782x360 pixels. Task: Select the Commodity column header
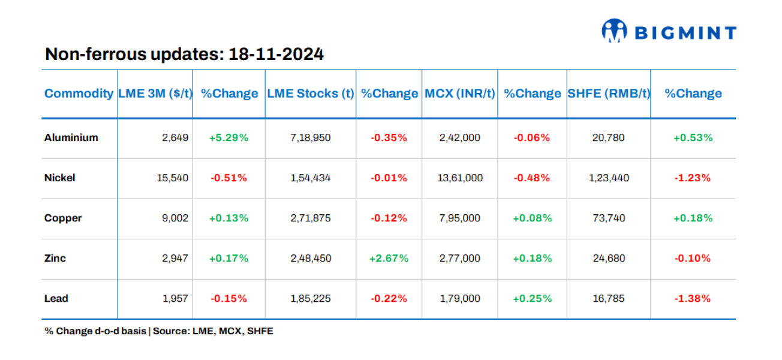point(79,94)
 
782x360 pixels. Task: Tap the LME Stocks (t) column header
point(310,94)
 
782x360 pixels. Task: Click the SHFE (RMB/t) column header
point(608,94)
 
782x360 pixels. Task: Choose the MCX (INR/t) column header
point(460,94)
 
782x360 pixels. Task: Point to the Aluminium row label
point(71,137)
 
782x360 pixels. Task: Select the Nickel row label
point(59,178)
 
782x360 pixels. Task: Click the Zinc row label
point(55,258)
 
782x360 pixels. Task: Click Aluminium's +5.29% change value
point(228,137)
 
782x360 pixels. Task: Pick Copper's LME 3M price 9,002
point(175,218)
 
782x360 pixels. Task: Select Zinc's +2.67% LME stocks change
point(389,258)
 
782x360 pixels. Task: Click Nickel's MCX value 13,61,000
point(460,178)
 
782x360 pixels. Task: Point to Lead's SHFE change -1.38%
point(693,298)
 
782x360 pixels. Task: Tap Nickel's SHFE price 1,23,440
point(608,178)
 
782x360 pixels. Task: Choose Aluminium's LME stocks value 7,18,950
point(310,137)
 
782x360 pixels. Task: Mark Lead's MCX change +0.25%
point(532,298)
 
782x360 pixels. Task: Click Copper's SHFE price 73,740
point(608,218)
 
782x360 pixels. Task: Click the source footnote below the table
point(159,331)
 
